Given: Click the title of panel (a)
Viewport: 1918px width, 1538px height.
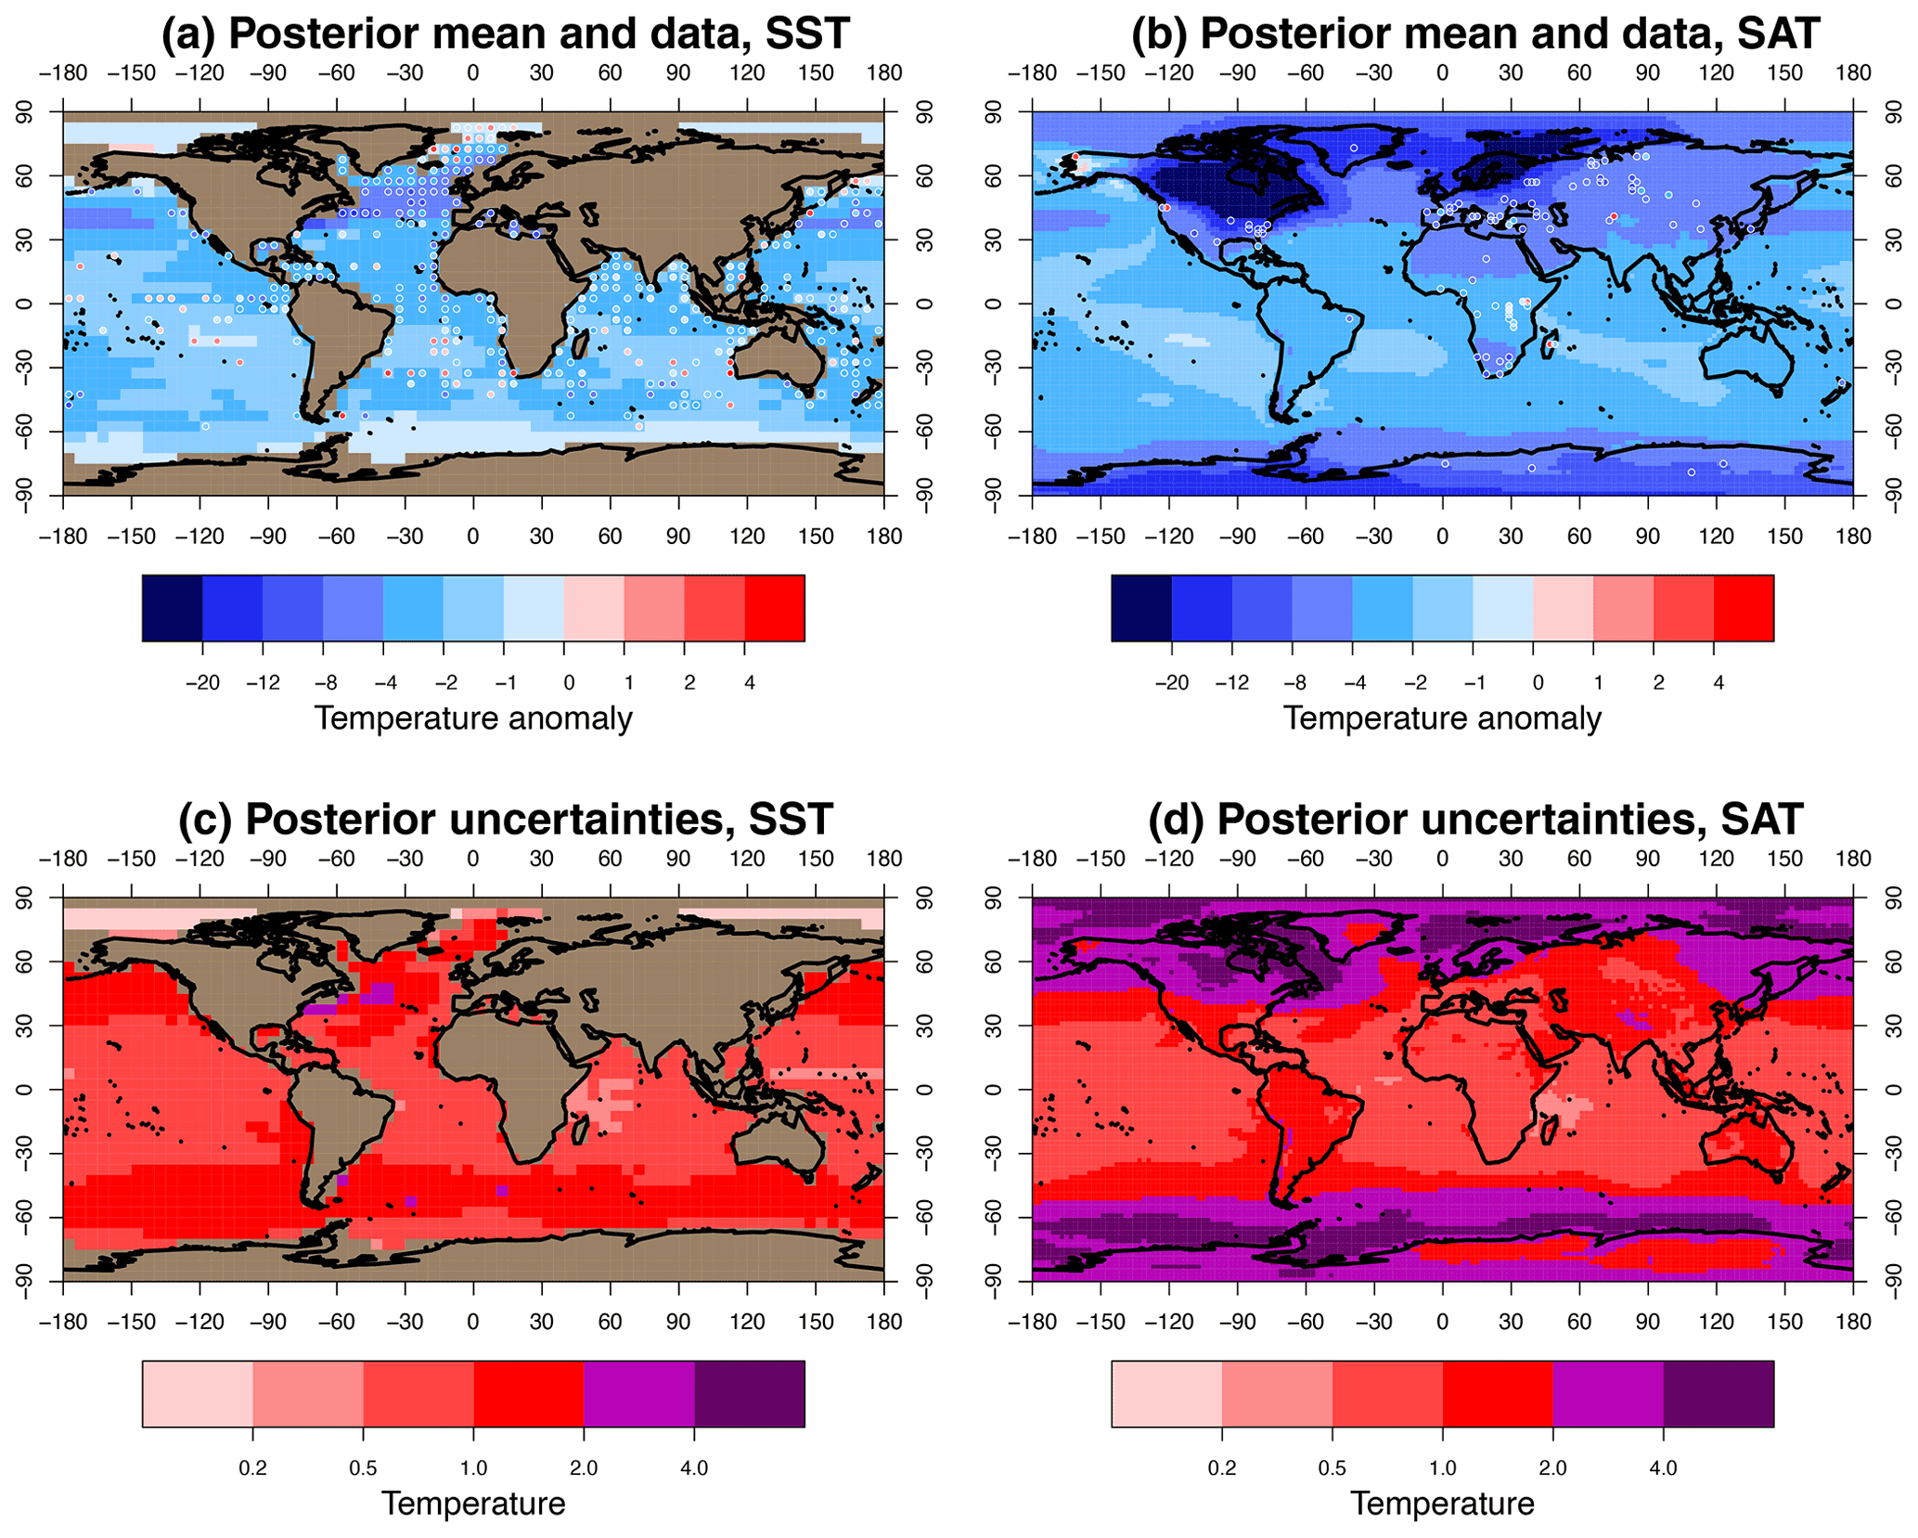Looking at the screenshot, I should (505, 34).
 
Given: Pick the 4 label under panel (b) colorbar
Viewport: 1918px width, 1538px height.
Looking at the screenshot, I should (1718, 683).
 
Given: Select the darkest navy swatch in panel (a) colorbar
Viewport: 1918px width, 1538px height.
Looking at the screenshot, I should (172, 608).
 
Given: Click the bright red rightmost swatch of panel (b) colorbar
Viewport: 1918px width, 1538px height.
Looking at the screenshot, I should (1744, 608).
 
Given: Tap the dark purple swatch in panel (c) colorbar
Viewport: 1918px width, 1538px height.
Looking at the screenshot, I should (749, 1393).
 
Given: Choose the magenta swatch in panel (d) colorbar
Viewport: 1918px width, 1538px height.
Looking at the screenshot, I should (1607, 1393).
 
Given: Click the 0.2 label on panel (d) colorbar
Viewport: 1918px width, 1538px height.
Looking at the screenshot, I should (1221, 1468).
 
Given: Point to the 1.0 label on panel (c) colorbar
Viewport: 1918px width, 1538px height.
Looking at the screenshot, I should (473, 1468).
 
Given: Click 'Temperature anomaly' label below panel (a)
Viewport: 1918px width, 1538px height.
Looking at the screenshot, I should (473, 718).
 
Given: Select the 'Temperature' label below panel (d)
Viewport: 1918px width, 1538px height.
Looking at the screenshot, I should (1442, 1504).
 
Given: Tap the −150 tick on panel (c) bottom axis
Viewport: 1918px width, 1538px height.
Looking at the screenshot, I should (131, 1322).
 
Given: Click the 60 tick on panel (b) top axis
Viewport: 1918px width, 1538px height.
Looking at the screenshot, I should (1579, 73).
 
